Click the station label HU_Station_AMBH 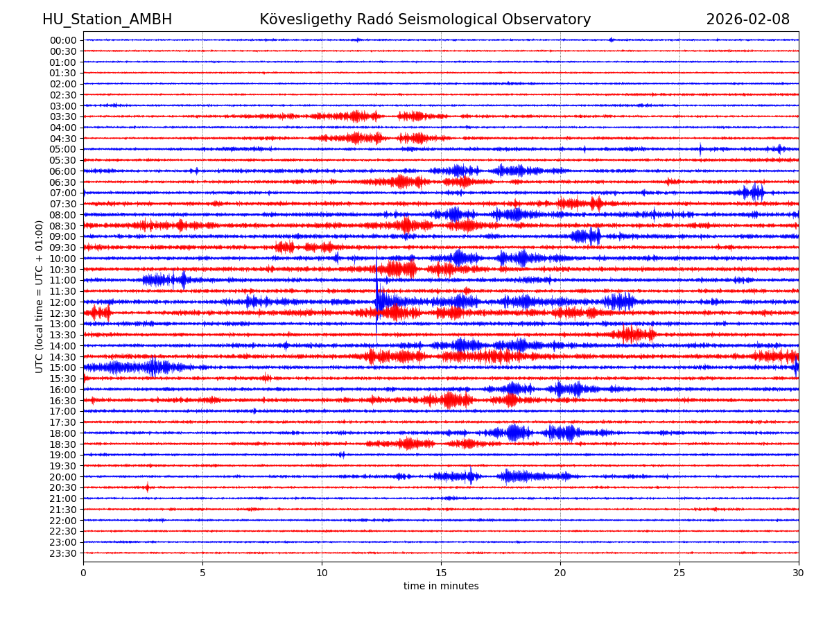(107, 19)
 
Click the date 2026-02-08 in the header (747, 19)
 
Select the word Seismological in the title (471, 19)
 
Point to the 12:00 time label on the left (62, 302)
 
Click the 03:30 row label (62, 116)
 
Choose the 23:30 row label (62, 553)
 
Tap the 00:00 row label (62, 40)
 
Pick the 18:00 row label (62, 433)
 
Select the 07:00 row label (62, 193)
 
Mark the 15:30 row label (62, 379)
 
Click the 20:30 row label (62, 487)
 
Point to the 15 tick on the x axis (441, 573)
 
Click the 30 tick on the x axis (799, 573)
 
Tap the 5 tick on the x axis (202, 573)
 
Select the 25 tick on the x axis (679, 573)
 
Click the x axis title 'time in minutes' (441, 587)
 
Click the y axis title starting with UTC (40, 296)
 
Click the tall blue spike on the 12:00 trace (376, 291)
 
